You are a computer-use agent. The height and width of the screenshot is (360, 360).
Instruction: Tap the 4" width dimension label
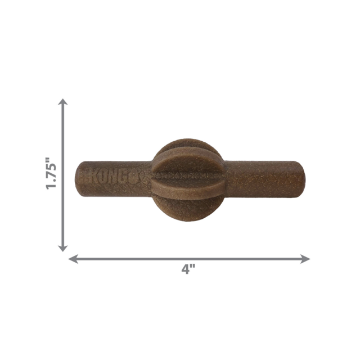pos(188,269)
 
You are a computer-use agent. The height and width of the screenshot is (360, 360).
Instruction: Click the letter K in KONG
pos(95,175)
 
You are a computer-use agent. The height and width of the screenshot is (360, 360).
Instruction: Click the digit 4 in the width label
pos(184,269)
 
